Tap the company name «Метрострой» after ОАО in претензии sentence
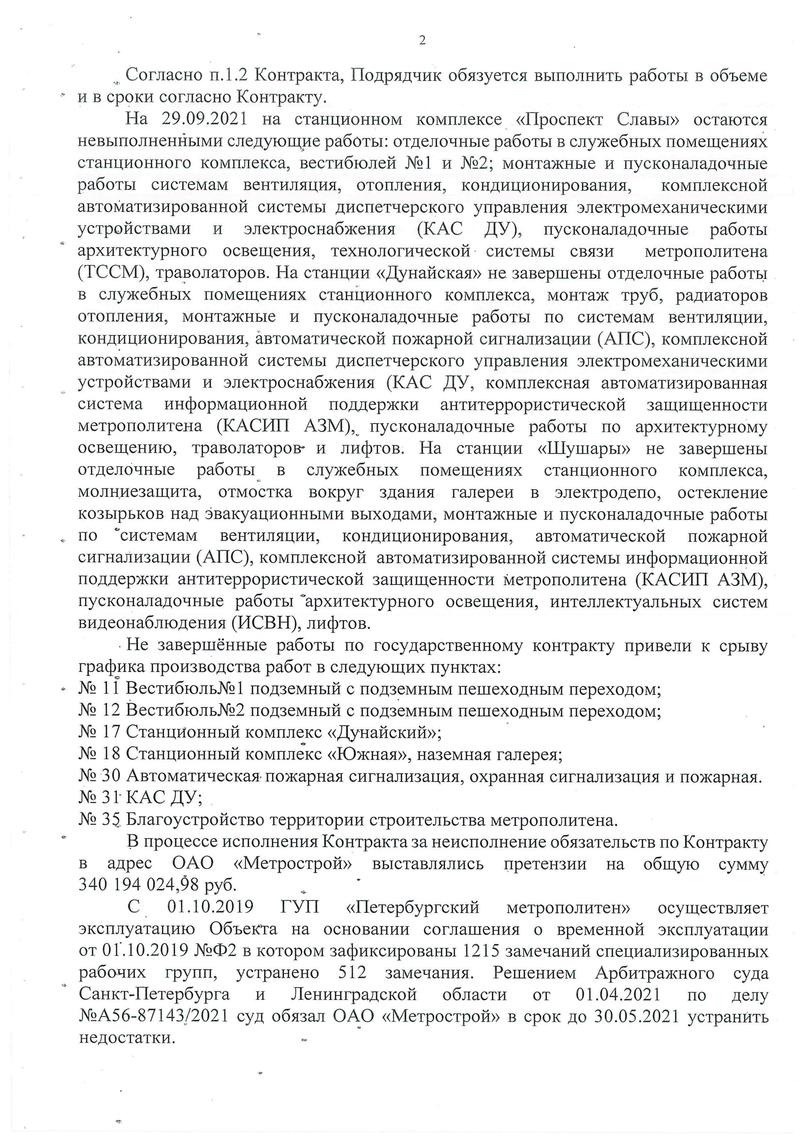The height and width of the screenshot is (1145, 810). coord(293,863)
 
